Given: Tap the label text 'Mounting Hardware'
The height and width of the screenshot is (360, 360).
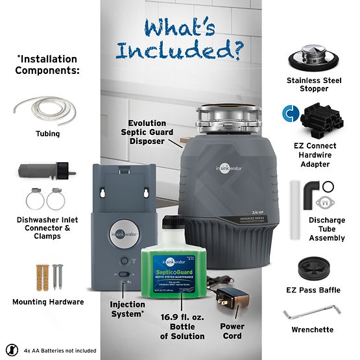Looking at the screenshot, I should (48, 302).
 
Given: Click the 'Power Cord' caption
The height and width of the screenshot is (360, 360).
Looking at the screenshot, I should (232, 331).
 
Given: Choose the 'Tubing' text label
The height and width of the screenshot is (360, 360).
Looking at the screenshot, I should (48, 134).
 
